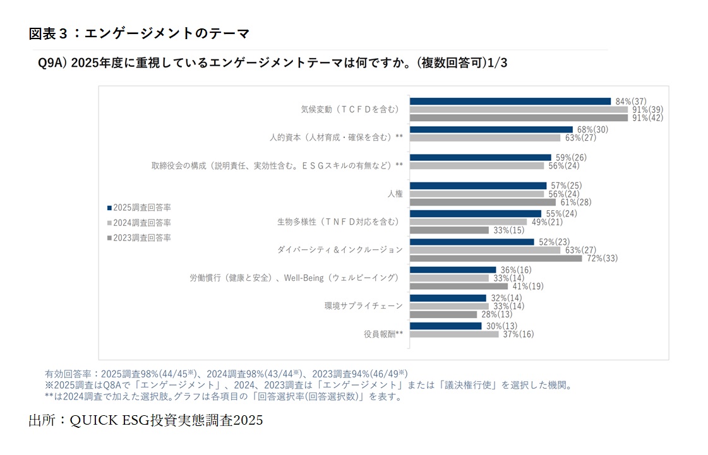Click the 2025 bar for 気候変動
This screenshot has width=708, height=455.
pos(510,101)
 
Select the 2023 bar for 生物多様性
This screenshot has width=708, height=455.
pos(449,230)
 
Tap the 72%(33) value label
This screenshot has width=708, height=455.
pos(601,258)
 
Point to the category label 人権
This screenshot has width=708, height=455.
pos(395,194)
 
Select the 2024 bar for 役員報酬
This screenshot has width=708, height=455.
pos(454,334)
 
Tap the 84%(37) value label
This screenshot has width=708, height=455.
pos(630,101)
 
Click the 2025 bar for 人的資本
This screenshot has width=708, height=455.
pos(491,129)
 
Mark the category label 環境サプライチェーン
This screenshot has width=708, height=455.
pos(363,306)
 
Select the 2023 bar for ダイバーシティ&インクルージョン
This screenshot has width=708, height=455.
pos(496,258)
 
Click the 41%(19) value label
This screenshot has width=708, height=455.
pos(527,286)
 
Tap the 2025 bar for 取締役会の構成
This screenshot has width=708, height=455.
pos(481,157)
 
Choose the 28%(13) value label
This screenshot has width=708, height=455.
pos(496,314)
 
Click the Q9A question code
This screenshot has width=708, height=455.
pos(52,63)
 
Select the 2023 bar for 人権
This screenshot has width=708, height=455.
pos(483,202)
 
